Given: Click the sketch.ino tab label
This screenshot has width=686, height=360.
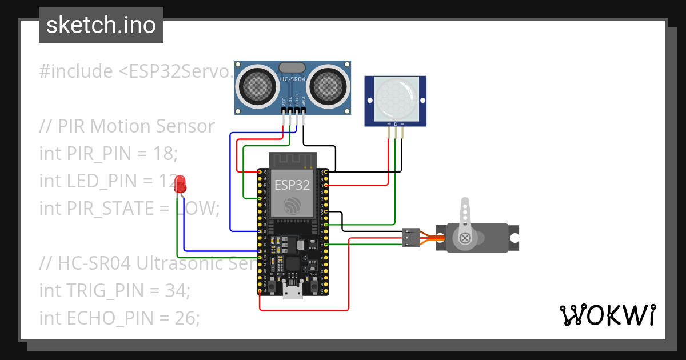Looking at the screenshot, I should coord(101,25).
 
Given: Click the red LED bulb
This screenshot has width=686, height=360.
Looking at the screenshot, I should coord(181,184).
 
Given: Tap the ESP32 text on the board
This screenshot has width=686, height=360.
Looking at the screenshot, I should coord(292,185).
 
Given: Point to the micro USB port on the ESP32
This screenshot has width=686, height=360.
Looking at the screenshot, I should coord(293,293).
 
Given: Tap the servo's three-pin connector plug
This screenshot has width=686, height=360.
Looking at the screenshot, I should coord(410,238).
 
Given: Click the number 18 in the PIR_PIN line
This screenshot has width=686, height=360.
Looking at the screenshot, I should coord(162,154).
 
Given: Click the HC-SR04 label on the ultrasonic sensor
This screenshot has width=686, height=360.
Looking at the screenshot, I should coord(293,80).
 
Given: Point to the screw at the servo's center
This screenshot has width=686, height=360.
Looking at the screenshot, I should coord(465,237).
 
